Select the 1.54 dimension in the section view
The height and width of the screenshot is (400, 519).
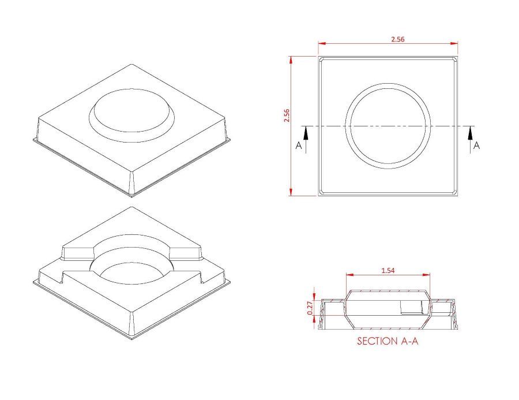(388, 270)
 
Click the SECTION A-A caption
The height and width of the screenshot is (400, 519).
(388, 341)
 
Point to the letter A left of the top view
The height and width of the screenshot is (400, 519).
(299, 146)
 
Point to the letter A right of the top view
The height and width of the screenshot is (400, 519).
(476, 146)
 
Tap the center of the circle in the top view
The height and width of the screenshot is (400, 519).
(388, 126)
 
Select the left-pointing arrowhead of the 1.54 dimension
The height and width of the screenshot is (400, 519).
(348, 275)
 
